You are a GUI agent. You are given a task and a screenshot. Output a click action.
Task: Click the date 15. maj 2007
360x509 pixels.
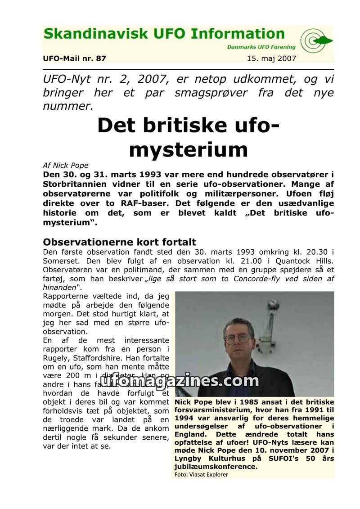(x=271, y=59)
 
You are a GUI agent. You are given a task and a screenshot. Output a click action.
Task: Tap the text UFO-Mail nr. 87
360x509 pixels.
(x=75, y=59)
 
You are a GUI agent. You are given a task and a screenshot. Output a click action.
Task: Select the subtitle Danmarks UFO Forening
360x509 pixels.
(x=261, y=47)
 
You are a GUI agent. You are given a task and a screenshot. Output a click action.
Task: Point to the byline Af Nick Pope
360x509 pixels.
(x=66, y=165)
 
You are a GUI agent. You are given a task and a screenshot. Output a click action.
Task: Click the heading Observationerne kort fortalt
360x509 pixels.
(x=119, y=242)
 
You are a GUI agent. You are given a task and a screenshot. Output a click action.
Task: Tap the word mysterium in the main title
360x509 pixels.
(x=188, y=150)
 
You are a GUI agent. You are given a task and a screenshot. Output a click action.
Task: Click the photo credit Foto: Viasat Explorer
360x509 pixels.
(x=201, y=474)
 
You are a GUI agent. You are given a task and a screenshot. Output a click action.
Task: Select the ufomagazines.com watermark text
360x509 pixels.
(x=180, y=381)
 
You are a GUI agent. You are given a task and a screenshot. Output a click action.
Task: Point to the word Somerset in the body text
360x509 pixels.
(x=62, y=261)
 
